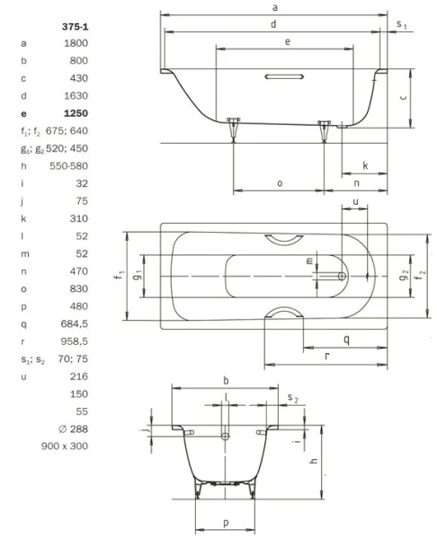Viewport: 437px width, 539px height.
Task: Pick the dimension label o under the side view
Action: coord(280,182)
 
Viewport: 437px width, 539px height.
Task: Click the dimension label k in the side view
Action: coord(365,165)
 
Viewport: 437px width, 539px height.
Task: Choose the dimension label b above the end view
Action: coord(225,380)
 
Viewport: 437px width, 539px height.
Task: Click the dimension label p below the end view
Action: coord(225,521)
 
